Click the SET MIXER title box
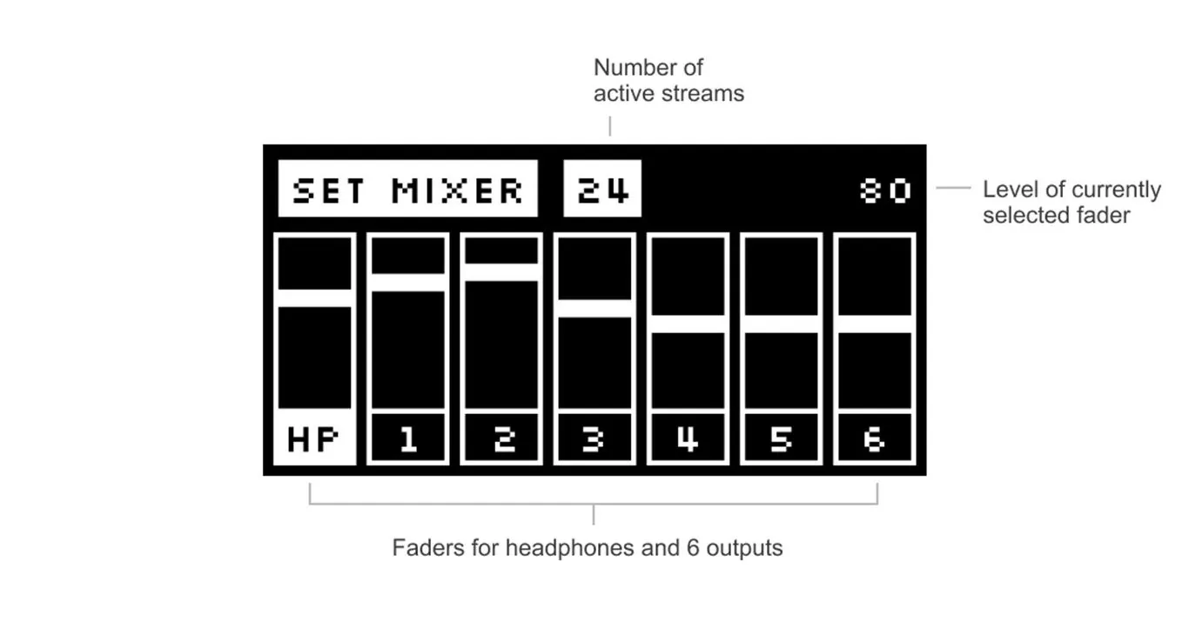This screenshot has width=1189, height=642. [407, 189]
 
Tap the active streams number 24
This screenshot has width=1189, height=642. [602, 189]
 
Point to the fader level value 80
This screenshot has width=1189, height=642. [885, 191]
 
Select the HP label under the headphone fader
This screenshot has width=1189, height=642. [314, 438]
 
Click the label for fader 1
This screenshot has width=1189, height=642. [408, 438]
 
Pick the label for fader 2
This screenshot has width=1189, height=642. [501, 438]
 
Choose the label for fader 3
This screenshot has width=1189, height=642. [594, 438]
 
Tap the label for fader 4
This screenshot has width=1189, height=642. [688, 438]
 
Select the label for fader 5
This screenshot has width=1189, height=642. [782, 438]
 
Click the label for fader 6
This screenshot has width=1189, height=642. [875, 438]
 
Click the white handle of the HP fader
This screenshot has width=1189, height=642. [315, 298]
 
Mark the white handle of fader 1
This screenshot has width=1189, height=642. [408, 283]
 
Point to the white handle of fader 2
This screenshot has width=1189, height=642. [501, 272]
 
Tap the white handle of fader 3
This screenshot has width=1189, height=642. [595, 309]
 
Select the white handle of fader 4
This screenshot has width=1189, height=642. [689, 324]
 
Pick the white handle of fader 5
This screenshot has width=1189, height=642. [782, 324]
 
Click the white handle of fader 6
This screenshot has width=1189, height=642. [876, 324]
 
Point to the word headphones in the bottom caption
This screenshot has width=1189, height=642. [569, 547]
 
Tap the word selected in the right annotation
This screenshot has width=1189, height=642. [1019, 216]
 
